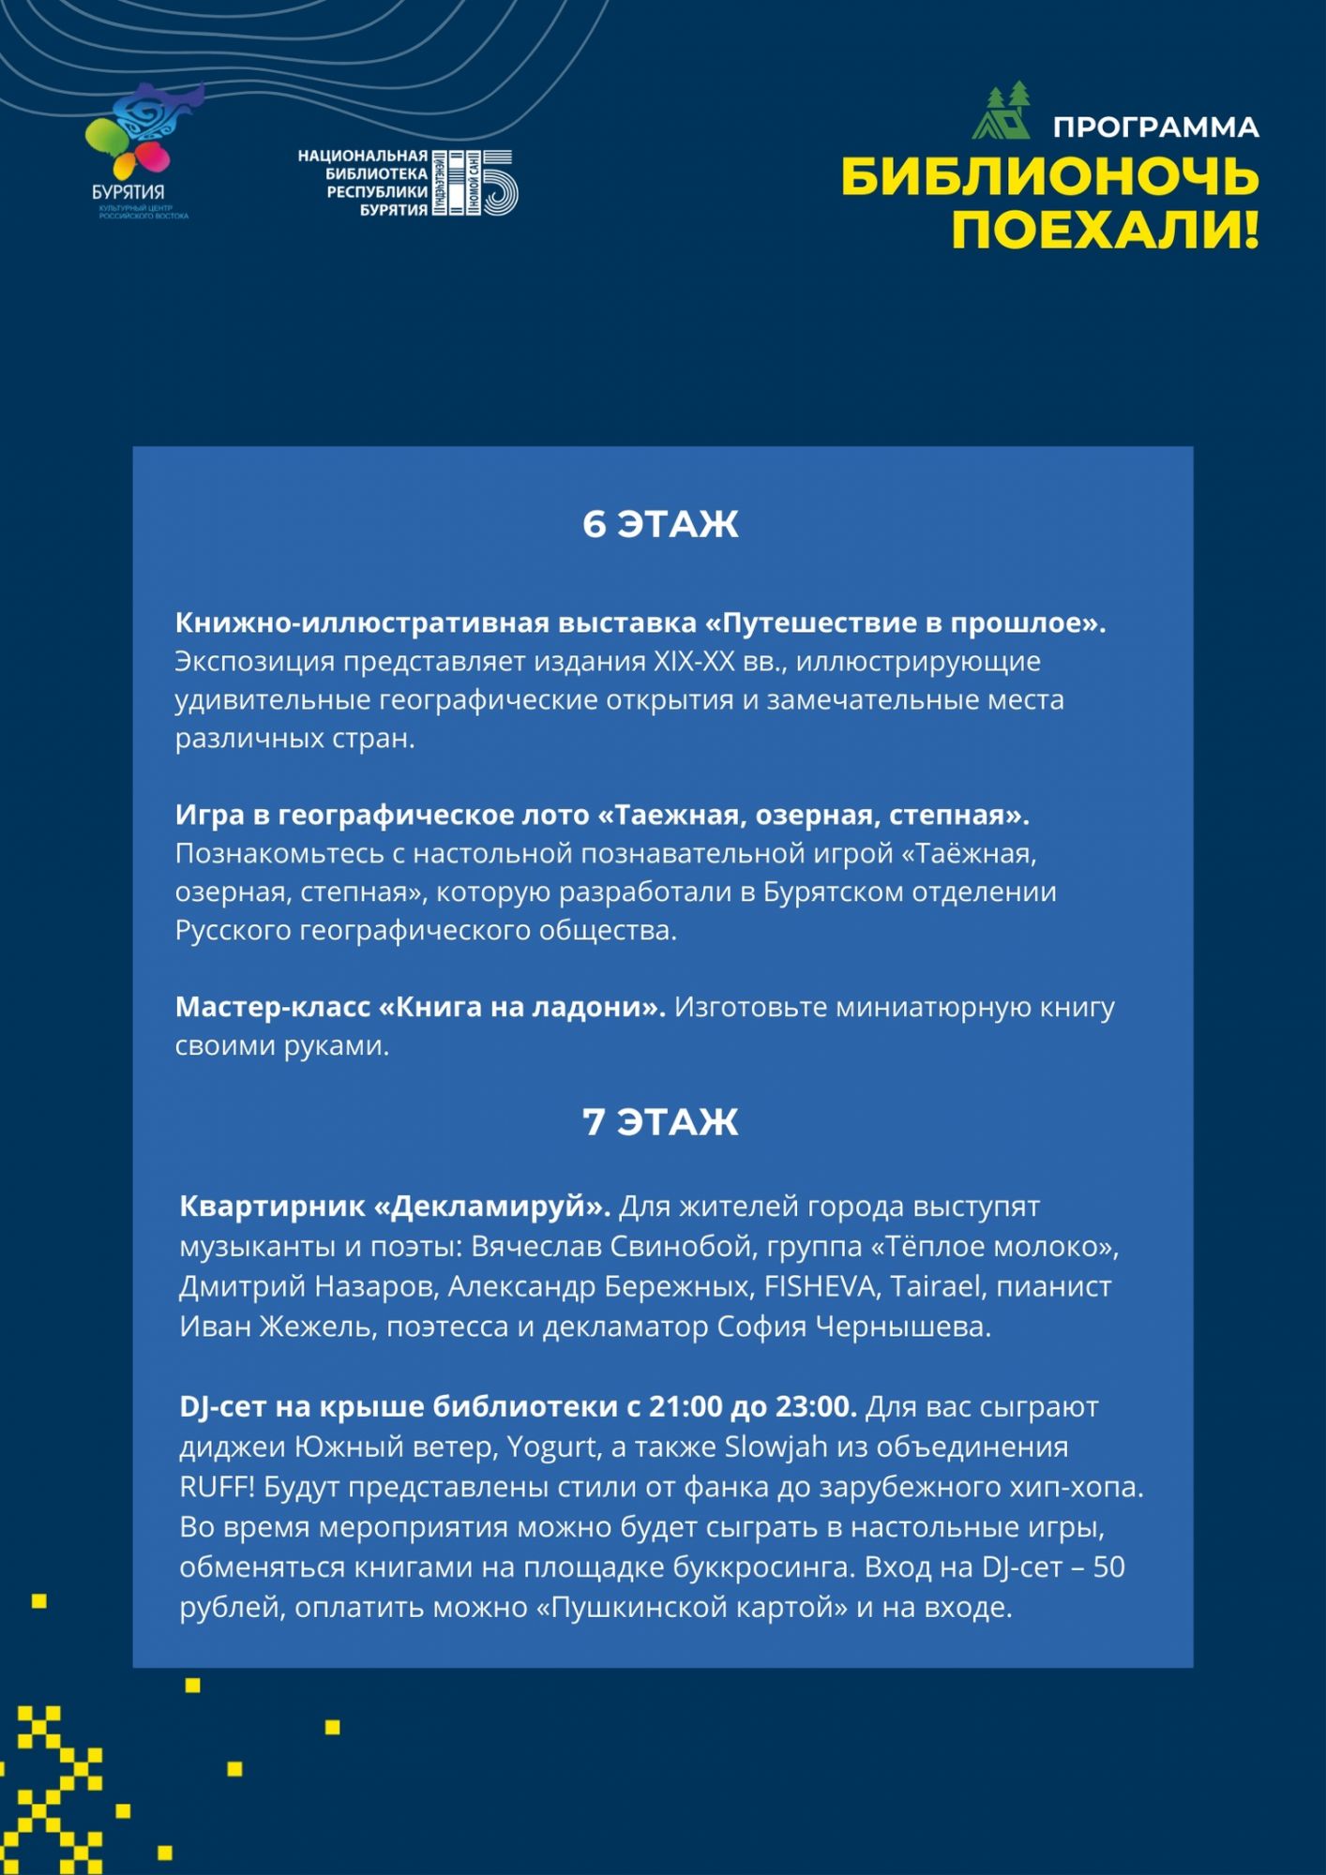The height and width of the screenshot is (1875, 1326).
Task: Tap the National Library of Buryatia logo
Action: pyautogui.click(x=408, y=183)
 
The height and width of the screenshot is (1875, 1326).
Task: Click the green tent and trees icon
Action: pyautogui.click(x=1002, y=112)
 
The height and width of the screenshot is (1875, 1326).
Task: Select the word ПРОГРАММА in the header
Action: pyautogui.click(x=1155, y=127)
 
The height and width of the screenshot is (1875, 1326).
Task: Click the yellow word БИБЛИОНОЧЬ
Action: pyautogui.click(x=1049, y=177)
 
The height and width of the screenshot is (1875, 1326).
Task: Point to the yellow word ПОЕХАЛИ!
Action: pyautogui.click(x=1105, y=230)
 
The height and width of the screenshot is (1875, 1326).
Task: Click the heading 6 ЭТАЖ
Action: pyautogui.click(x=661, y=524)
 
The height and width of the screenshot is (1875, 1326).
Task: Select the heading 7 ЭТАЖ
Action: pyautogui.click(x=661, y=1122)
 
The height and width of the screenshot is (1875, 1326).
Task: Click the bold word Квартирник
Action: pyautogui.click(x=272, y=1207)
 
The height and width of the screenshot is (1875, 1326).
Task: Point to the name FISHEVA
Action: pyautogui.click(x=821, y=1286)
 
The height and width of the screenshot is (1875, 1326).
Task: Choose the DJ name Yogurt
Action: pyautogui.click(x=552, y=1447)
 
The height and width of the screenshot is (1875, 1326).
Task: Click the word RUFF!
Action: pyautogui.click(x=217, y=1488)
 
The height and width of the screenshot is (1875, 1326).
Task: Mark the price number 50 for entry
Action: pyautogui.click(x=1108, y=1567)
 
